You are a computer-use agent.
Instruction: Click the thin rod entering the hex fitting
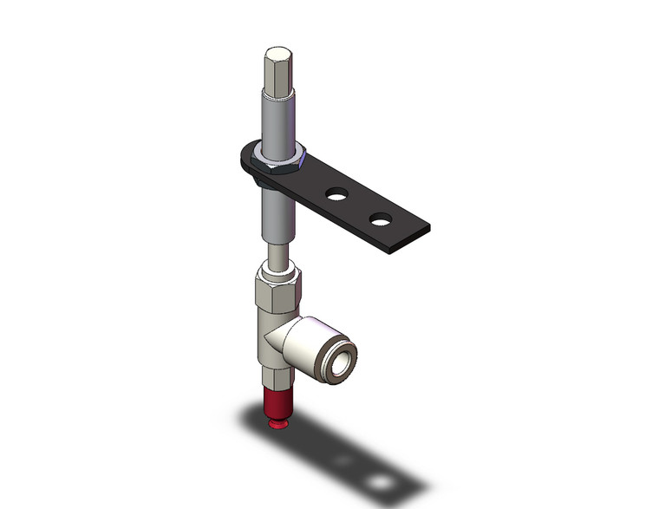(278, 257)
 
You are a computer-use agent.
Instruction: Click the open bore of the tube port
(343, 352)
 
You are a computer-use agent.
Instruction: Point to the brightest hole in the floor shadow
(379, 480)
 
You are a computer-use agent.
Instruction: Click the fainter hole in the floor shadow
(348, 460)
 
